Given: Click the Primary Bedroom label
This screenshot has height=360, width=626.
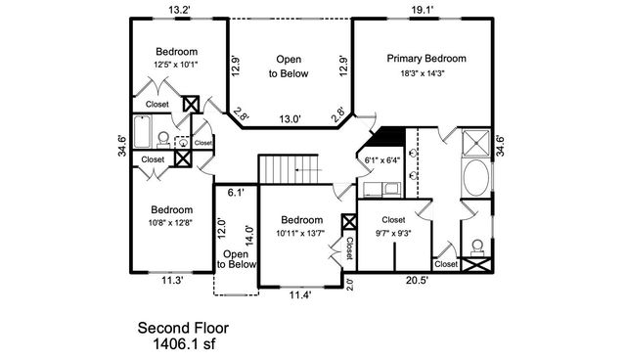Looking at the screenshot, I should [x=425, y=59].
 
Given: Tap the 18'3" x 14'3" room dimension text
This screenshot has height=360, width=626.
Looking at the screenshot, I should [x=425, y=73].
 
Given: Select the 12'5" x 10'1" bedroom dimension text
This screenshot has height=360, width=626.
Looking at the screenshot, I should [x=176, y=66].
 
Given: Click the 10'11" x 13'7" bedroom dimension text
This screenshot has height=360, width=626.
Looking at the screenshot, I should [x=299, y=234].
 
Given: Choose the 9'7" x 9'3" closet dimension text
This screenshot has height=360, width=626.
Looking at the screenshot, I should [x=393, y=234].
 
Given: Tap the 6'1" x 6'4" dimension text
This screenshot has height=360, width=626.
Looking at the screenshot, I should [x=382, y=160].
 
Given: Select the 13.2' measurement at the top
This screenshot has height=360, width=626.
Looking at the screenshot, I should [x=179, y=10].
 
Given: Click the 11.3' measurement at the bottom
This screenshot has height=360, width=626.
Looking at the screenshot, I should [x=171, y=280].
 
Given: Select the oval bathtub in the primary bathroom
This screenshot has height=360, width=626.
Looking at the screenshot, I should [x=476, y=181].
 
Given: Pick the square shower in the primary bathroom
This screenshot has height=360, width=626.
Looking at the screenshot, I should [x=476, y=142].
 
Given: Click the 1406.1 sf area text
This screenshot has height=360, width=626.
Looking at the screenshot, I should [x=183, y=343].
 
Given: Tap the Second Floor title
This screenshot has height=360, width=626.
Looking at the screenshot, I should [x=183, y=328].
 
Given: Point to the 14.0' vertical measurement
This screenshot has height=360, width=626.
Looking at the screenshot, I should [x=250, y=235].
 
